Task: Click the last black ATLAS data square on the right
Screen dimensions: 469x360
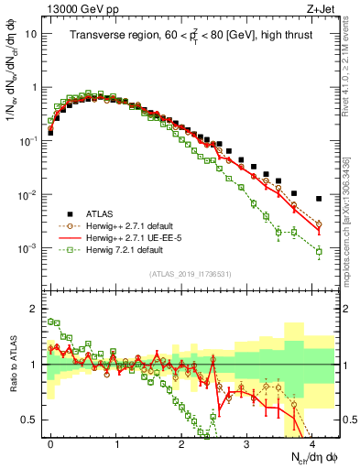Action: pos(319,199)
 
